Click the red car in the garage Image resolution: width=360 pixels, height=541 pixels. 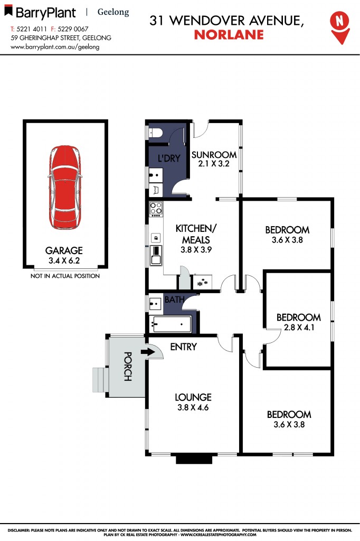tap(65, 188)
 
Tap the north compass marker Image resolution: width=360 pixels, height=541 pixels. tap(340, 27)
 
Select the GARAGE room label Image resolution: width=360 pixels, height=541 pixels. tap(64, 250)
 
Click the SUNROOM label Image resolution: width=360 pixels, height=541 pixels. tap(214, 155)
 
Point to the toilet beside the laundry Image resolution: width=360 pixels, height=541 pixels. tap(155, 132)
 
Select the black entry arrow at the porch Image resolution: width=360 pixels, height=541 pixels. tap(148, 352)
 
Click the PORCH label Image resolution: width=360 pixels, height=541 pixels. tap(128, 366)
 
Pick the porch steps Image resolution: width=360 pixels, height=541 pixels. tap(100, 380)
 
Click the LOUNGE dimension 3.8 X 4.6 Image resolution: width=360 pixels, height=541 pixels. tap(193, 407)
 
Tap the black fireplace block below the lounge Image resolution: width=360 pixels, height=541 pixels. tap(194, 459)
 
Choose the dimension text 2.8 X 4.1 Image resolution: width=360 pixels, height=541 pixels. tap(299, 327)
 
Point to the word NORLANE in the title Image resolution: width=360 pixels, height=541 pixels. tap(229, 35)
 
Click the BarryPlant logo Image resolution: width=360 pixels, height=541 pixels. tap(40, 12)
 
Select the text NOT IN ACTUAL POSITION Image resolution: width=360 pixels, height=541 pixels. tap(65, 276)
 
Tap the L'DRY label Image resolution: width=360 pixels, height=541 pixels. tap(169, 158)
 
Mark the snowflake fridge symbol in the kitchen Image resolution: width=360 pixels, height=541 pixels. tap(202, 282)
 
